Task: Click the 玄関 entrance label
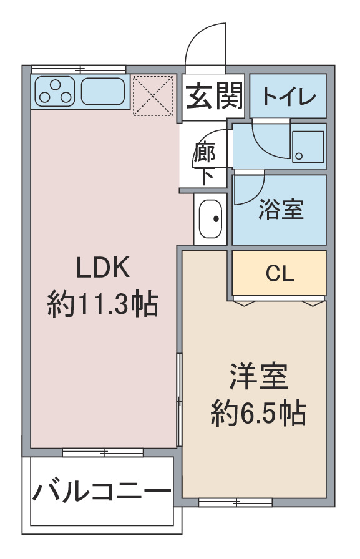(x=214, y=96)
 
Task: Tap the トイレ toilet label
(x=289, y=96)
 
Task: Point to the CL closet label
(x=280, y=274)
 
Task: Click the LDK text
(x=103, y=268)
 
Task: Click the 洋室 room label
(x=258, y=376)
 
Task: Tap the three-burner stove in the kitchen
(x=56, y=91)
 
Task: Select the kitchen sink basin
(x=103, y=91)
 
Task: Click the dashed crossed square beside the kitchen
(x=153, y=95)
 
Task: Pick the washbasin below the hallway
(x=210, y=219)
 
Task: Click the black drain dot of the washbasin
(x=216, y=219)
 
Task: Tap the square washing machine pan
(x=308, y=147)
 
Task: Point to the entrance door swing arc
(x=200, y=33)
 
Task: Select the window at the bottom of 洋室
(x=235, y=502)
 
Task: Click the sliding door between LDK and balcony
(x=103, y=452)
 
